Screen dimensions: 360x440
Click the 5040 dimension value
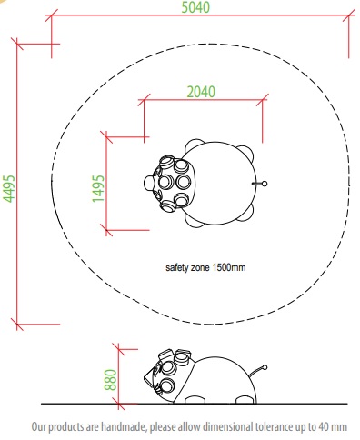click(195, 7)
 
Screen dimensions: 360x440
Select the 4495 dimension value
click(9, 188)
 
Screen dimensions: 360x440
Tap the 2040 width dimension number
click(201, 92)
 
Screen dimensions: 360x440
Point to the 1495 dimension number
click(98, 188)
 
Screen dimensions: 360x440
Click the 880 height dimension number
click(110, 379)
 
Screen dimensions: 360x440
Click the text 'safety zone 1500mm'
click(205, 267)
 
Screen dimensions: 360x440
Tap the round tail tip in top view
click(265, 184)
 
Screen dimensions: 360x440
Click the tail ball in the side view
click(265, 367)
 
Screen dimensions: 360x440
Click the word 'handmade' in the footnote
click(124, 427)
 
